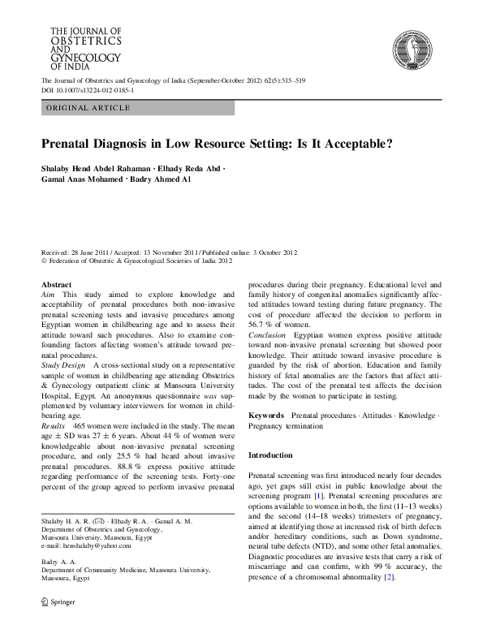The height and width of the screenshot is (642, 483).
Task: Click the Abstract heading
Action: pos(56,286)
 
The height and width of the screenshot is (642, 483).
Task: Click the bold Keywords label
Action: pos(267,414)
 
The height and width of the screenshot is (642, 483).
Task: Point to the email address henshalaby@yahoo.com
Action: pos(93,546)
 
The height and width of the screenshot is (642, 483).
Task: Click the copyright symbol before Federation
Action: pos(45,262)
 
